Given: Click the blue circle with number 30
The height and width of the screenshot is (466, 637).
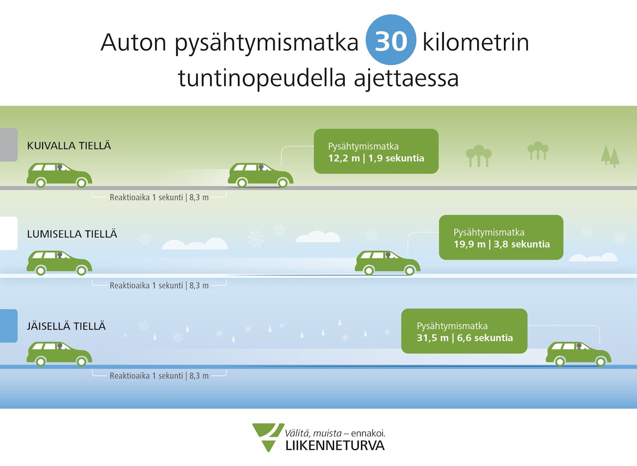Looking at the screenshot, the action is pos(391,40).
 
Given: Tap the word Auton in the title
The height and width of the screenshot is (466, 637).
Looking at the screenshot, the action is pos(133,42).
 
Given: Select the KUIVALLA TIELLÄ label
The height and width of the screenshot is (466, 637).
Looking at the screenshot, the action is pos(69,145).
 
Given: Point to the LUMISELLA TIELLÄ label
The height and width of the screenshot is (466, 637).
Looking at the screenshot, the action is pos(72,234).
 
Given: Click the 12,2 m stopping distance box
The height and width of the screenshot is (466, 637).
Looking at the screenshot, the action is pos(376,151).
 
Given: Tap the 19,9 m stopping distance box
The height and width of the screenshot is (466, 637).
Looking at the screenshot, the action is pos(501,237).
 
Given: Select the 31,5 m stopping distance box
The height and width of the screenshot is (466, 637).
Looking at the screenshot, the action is pos(464,331).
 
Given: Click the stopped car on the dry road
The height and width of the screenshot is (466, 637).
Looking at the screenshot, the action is pos(260,175).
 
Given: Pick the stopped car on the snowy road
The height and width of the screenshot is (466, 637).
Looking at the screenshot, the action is pos(387,263).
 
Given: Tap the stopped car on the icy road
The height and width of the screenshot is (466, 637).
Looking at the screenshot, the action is pos(578,353).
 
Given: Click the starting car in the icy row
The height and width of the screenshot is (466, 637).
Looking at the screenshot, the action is pos(59,353).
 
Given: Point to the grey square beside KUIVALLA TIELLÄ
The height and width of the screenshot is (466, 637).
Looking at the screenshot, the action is pos(9,145).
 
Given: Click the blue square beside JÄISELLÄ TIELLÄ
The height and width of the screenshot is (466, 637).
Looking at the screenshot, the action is pos(9,326).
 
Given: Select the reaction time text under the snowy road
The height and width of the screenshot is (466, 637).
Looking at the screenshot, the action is pos(159,285).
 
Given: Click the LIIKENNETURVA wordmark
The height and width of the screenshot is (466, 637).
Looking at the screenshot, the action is pos(335,445).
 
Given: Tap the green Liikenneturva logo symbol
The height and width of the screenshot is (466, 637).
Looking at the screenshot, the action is pos(268,437).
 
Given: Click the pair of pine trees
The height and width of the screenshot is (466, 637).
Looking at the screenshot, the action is pos(610,156).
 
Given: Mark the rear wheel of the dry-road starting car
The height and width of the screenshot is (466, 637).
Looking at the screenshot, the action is pos(41,183).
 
